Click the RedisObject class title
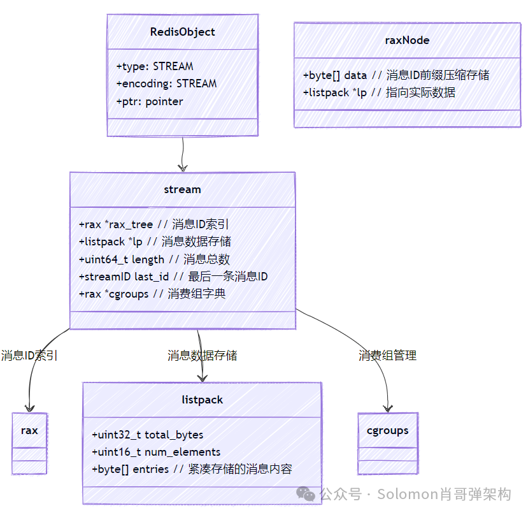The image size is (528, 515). click(182, 32)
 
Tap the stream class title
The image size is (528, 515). click(182, 189)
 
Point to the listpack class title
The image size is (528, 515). click(202, 400)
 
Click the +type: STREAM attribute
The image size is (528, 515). click(155, 66)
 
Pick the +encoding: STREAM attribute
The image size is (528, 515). click(166, 83)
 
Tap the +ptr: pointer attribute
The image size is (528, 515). click(150, 101)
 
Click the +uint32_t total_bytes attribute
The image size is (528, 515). click(148, 435)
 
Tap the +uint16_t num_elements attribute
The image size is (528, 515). click(156, 452)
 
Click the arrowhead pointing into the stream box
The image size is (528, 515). click(183, 168)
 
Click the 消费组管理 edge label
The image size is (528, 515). click(387, 356)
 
